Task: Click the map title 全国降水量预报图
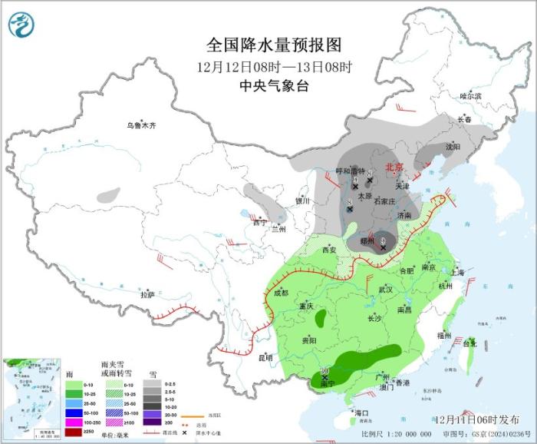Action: click(272, 45)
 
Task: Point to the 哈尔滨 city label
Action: click(470, 96)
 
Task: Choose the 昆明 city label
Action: click(265, 356)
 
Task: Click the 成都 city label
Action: click(281, 293)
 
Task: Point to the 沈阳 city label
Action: click(453, 146)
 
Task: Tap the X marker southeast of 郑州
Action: click(383, 247)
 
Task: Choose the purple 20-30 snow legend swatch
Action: click(152, 413)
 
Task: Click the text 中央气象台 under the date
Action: click(274, 86)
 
